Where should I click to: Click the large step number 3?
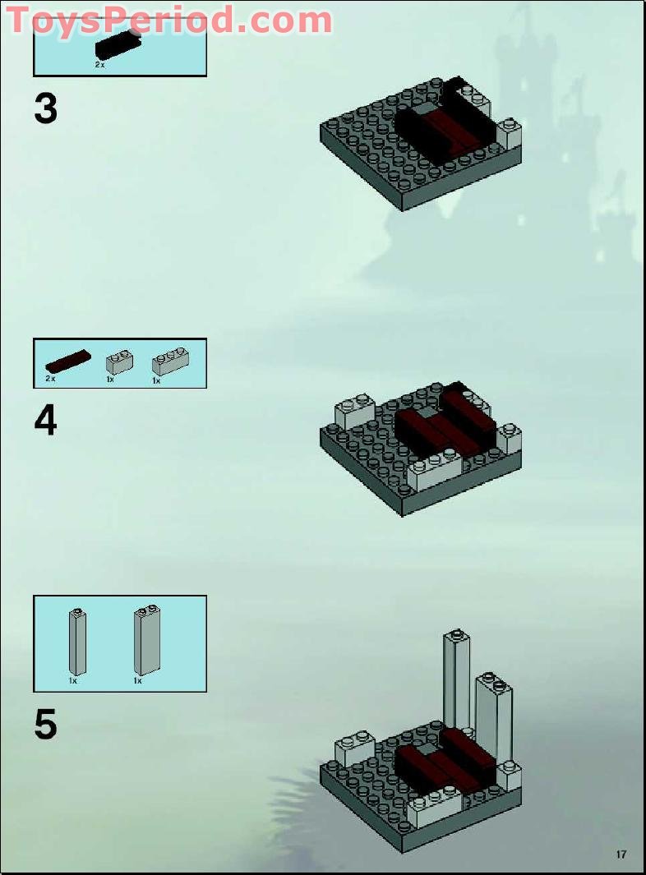pyautogui.click(x=46, y=109)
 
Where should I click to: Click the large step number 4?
pyautogui.click(x=46, y=421)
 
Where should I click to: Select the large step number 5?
pyautogui.click(x=46, y=725)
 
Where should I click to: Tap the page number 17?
pyautogui.click(x=621, y=854)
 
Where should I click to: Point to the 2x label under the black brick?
pyautogui.click(x=99, y=63)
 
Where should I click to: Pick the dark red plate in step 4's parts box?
pyautogui.click(x=68, y=362)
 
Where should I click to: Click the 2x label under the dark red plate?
pyautogui.click(x=50, y=379)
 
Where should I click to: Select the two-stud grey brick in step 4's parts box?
pyautogui.click(x=120, y=362)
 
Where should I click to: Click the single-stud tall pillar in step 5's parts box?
pyautogui.click(x=76, y=642)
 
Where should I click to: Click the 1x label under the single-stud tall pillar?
pyautogui.click(x=72, y=681)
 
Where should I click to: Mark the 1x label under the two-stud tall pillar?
pyautogui.click(x=138, y=681)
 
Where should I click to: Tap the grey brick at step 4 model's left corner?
pyautogui.click(x=353, y=411)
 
